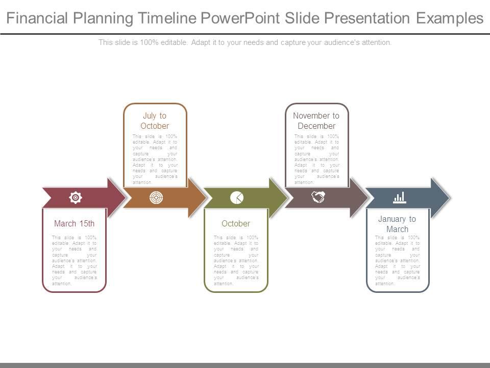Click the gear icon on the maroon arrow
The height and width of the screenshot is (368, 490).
[75, 197]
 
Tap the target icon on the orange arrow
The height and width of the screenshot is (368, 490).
[156, 197]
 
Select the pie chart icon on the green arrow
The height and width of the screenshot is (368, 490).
[237, 197]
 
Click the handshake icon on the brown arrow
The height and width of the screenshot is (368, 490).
[318, 197]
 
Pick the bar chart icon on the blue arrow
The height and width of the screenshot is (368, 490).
[399, 197]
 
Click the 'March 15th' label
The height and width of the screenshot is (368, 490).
[75, 223]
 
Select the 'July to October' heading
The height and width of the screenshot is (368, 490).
[155, 121]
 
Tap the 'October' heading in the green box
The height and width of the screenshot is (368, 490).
[236, 223]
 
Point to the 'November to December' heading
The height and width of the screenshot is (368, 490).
[316, 121]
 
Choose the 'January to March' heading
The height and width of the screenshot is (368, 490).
[397, 224]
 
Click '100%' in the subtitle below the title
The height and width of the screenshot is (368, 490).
[146, 42]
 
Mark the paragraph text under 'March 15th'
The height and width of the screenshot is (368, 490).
[75, 260]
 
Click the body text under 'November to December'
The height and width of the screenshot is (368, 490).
[316, 159]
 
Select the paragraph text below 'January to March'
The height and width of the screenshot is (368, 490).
[397, 260]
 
